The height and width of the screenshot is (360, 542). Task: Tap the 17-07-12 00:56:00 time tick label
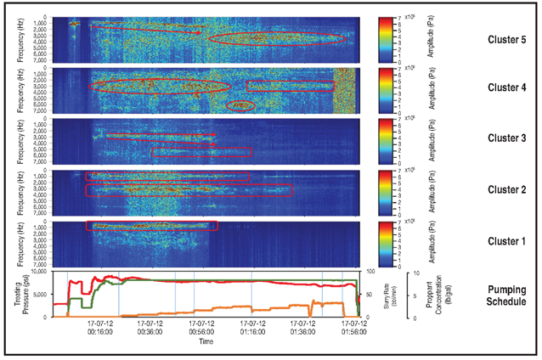pos(201,328)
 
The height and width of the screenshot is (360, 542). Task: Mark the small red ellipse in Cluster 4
pos(242,105)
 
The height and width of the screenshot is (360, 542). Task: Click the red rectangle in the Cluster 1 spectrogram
pos(152,226)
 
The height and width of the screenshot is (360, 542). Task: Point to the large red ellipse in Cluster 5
pos(277,38)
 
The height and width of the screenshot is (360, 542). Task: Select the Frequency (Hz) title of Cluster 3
pos(19,141)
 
